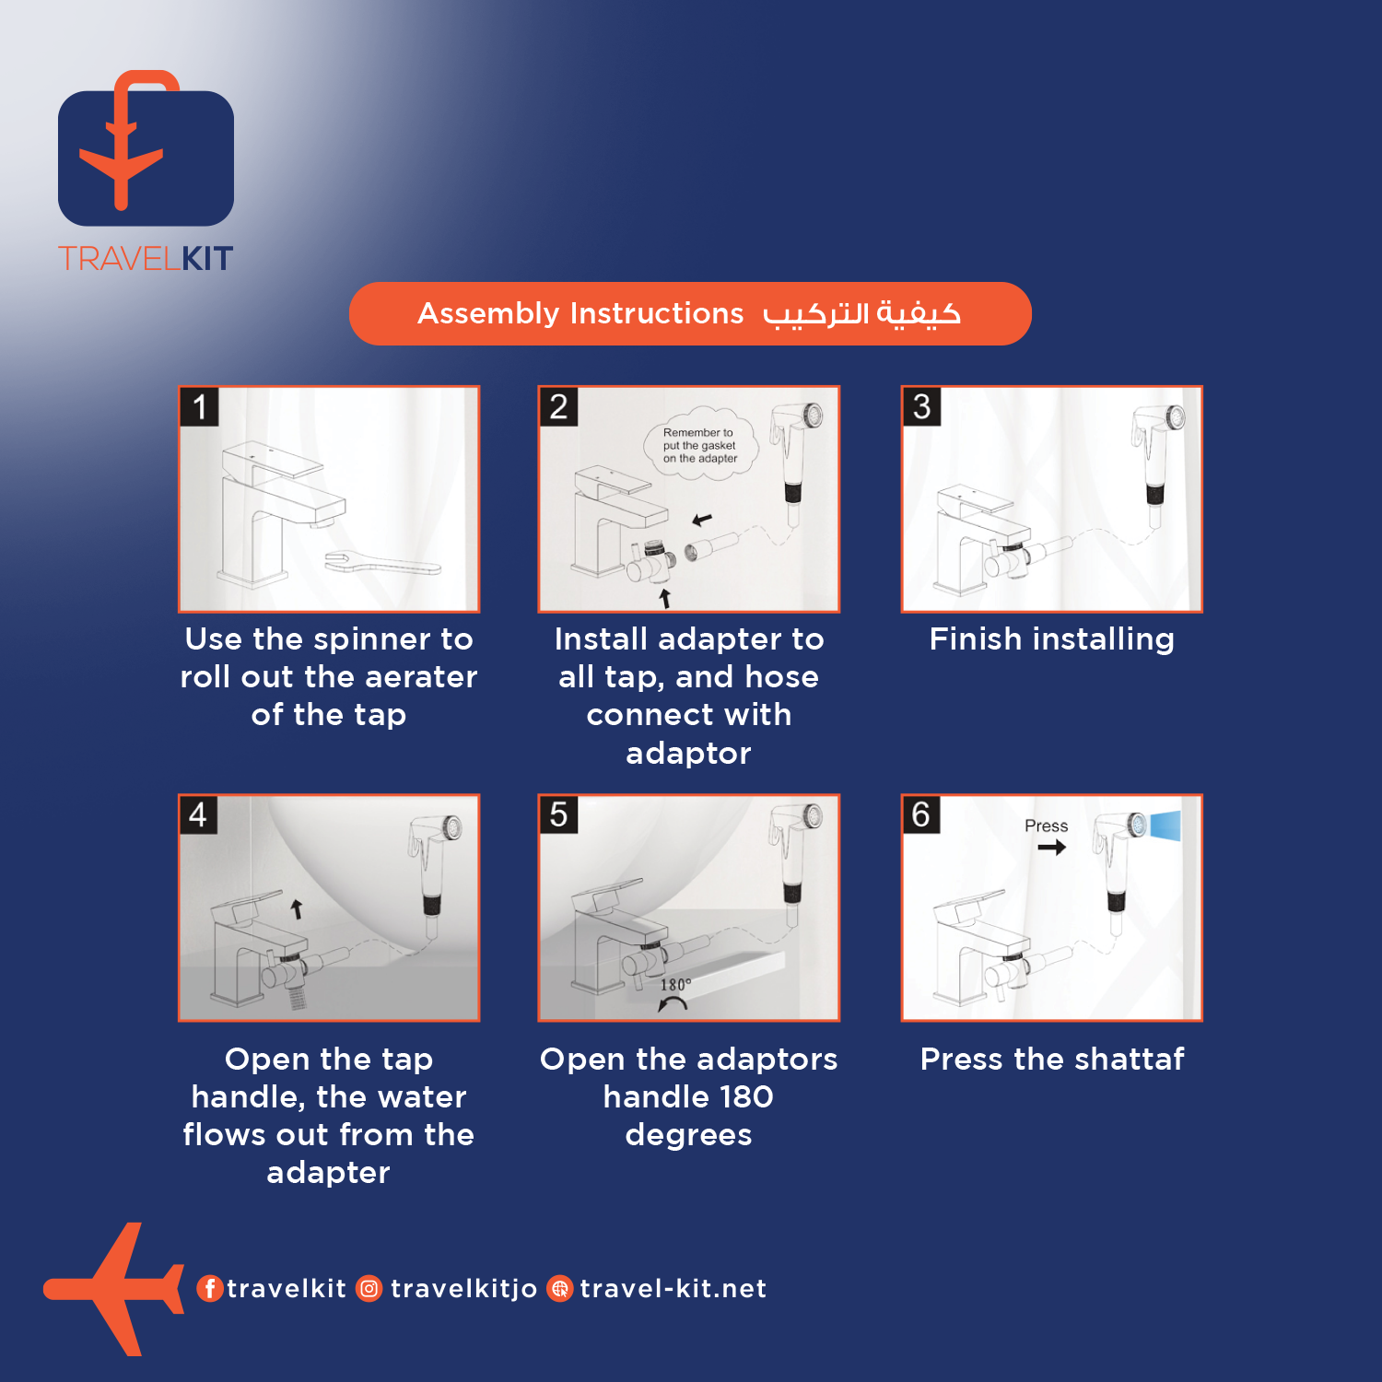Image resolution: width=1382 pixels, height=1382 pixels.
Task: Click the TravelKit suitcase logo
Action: click(146, 148)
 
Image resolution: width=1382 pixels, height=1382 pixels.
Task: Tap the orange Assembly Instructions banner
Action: click(690, 313)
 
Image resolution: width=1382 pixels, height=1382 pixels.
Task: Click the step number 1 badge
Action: click(199, 406)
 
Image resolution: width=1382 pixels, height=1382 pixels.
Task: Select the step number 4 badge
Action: click(198, 814)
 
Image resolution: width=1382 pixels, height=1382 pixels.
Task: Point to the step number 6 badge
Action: click(921, 814)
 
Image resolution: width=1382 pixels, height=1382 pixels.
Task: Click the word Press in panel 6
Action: click(1046, 826)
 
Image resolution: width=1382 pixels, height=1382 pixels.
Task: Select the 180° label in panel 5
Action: click(675, 985)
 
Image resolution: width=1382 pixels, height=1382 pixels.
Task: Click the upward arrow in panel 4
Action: click(297, 908)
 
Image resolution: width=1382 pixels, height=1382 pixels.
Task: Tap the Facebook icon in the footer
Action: click(210, 1288)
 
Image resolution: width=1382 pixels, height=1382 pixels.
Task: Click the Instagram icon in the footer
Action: click(369, 1288)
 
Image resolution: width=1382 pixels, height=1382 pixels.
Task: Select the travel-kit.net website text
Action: click(673, 1288)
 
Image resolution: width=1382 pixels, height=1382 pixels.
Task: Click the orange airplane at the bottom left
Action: click(114, 1289)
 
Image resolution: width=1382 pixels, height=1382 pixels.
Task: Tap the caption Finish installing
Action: click(1051, 638)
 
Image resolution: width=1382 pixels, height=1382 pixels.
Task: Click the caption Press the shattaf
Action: click(1052, 1059)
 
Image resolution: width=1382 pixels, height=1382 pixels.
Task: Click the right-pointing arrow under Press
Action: click(1051, 847)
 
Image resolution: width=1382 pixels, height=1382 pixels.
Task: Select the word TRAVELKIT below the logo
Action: click(146, 259)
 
